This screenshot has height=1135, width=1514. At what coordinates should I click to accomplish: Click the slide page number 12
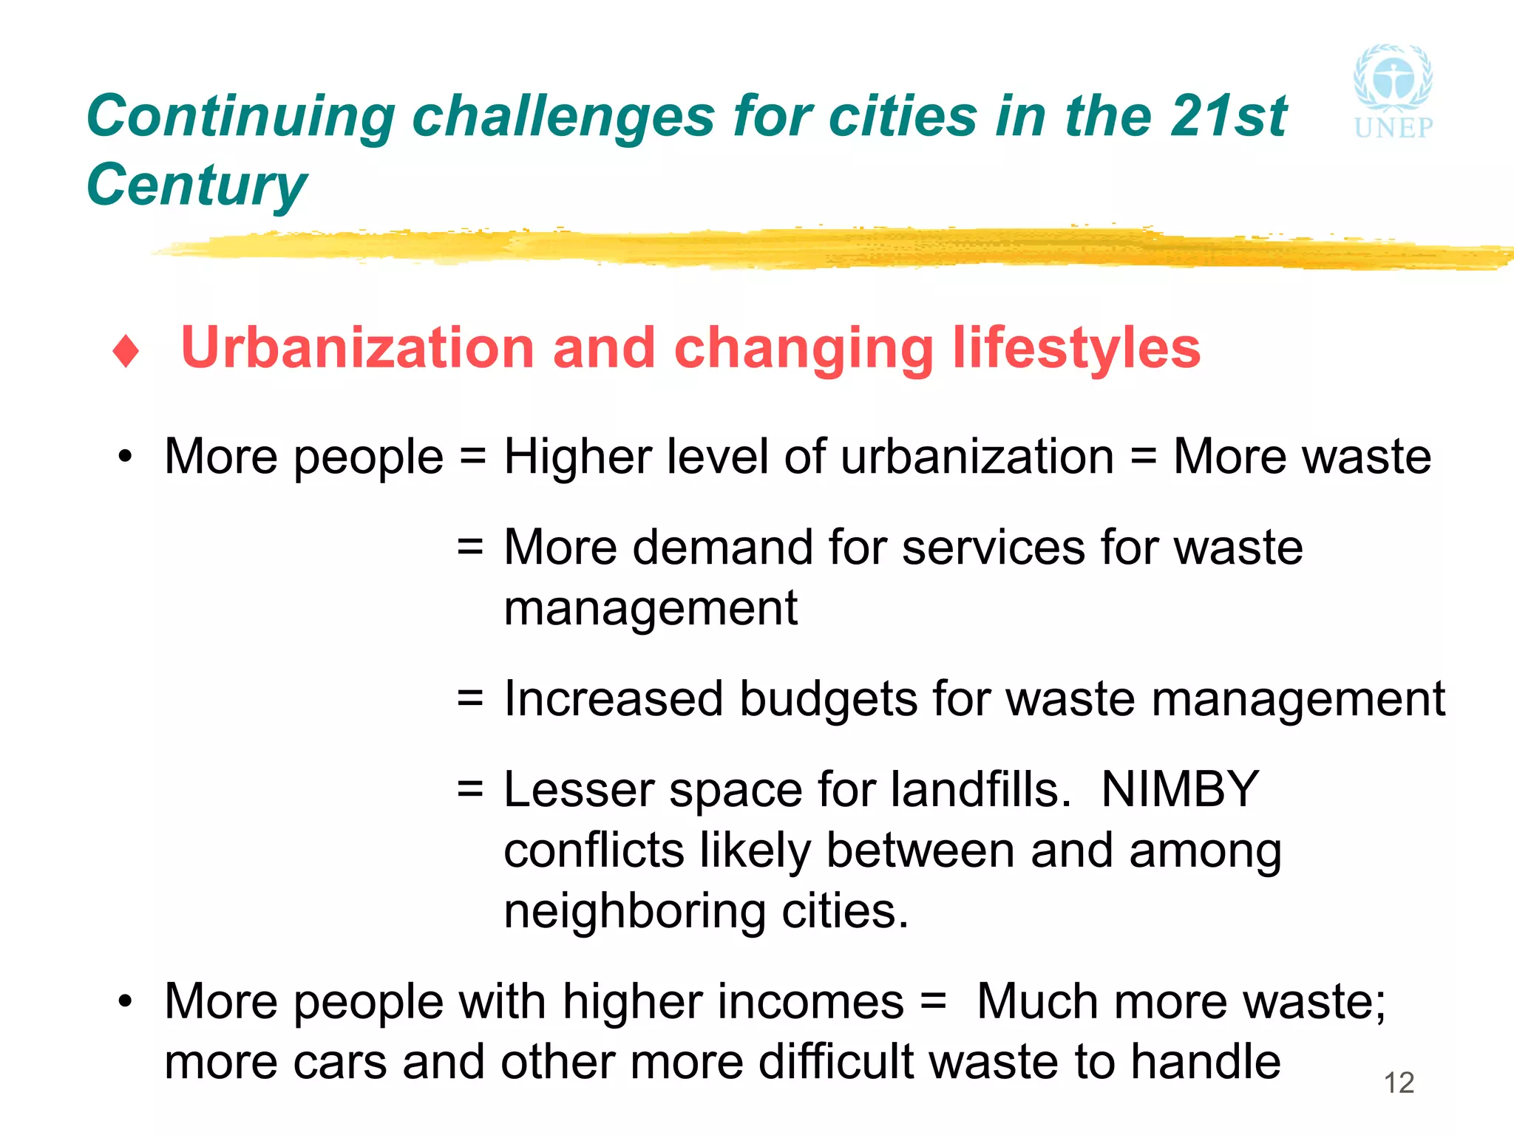1399,1083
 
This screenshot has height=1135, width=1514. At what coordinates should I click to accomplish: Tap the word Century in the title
196,185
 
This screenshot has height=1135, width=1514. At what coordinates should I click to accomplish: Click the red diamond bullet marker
126,351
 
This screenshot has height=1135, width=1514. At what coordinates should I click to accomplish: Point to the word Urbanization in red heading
357,348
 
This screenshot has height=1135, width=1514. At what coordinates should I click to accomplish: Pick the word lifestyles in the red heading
1076,348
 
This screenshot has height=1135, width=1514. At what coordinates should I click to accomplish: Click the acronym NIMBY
1180,789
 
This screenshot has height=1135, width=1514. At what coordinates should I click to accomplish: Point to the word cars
339,1062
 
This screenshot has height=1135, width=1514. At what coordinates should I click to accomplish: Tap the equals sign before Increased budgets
470,698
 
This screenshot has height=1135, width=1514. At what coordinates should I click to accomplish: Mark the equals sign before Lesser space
470,788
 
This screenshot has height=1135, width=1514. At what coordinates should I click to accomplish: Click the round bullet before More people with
126,1001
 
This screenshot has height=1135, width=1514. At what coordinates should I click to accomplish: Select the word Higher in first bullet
577,456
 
